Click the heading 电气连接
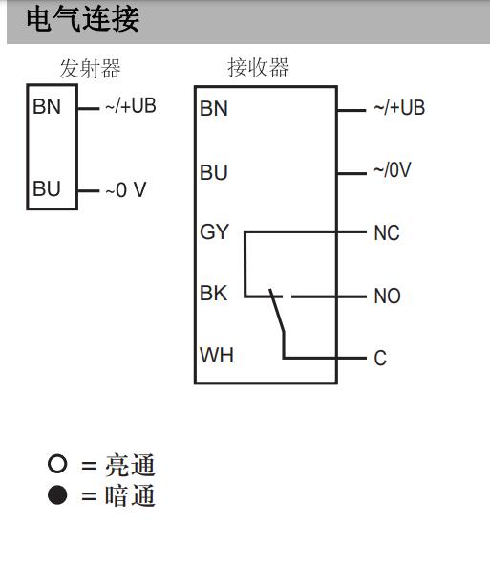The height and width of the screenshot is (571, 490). pos(82,19)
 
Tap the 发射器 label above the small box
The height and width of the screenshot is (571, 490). pos(90,69)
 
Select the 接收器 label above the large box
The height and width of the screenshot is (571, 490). pos(258,67)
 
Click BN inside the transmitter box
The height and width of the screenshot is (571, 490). pos(47,107)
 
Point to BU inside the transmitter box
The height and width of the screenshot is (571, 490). pos(47,188)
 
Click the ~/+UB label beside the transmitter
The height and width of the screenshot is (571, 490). pos(131,106)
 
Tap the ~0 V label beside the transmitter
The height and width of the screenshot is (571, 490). pos(126,189)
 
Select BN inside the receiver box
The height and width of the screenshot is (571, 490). pos(214,108)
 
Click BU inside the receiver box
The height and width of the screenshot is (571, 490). pos(214,172)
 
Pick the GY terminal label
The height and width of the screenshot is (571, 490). pos(215,231)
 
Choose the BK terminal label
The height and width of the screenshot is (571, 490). pos(214,293)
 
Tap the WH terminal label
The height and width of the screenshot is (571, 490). pos(217,355)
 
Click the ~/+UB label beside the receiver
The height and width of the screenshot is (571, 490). pos(399,108)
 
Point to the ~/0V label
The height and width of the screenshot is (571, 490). pos(393,169)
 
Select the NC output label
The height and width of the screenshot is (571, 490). pos(387,233)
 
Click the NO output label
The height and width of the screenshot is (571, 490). pos(388,296)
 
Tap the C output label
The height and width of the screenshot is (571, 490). pos(380,359)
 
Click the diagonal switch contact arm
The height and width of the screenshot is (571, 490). pos(277,311)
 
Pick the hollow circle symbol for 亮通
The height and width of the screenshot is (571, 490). pos(57,464)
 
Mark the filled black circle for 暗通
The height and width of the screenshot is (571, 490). pos(57,495)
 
